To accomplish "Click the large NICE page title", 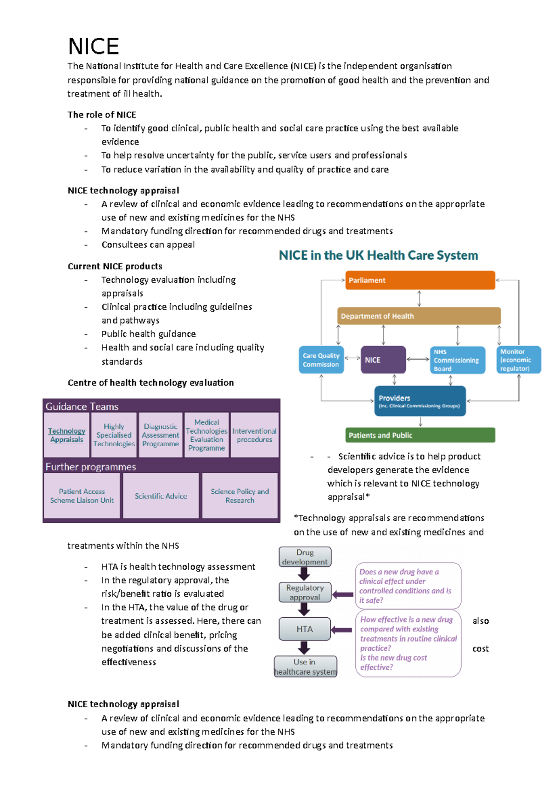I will (94, 47).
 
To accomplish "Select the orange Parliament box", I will (420, 280).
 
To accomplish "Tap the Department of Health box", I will (419, 316).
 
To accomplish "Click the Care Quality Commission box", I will (321, 360).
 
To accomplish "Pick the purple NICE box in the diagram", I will (383, 360).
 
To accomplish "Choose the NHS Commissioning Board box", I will (457, 360).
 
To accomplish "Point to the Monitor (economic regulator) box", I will (518, 360).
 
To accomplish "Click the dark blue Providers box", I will (420, 401).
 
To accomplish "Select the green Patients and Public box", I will (420, 435).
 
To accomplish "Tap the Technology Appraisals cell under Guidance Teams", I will (67, 435).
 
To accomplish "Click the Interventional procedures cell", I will (254, 435).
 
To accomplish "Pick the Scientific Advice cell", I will (161, 496).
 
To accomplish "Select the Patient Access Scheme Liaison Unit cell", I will (82, 496).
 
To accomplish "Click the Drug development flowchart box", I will (305, 557).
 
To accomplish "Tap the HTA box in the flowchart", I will (305, 629).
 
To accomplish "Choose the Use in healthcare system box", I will (305, 667).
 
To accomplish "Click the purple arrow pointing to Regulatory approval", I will (343, 594).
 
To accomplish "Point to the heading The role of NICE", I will (102, 115).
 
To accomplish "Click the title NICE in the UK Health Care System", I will (378, 255).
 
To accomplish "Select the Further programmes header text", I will (90, 466).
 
